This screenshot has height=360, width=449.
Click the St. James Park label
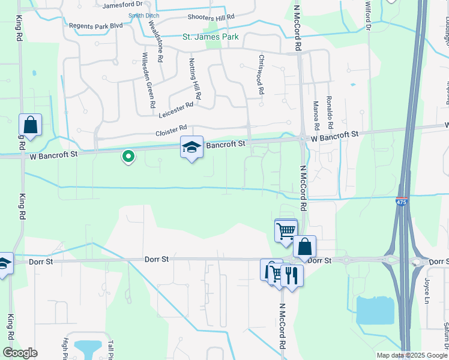[x=211, y=37]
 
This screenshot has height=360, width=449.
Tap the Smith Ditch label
[x=144, y=16]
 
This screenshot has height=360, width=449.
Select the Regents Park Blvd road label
[x=96, y=26]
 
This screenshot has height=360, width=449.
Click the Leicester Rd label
[x=176, y=109]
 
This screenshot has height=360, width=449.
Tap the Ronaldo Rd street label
[x=329, y=113]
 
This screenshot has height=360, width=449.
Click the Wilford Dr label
[x=367, y=14]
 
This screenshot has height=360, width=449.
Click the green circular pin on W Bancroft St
[x=128, y=157]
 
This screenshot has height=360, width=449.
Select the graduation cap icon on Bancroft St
[x=192, y=147]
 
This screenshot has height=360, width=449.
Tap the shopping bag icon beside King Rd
[x=30, y=125]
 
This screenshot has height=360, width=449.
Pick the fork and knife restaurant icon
[x=292, y=276]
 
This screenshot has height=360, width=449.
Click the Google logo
[x=20, y=353]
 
